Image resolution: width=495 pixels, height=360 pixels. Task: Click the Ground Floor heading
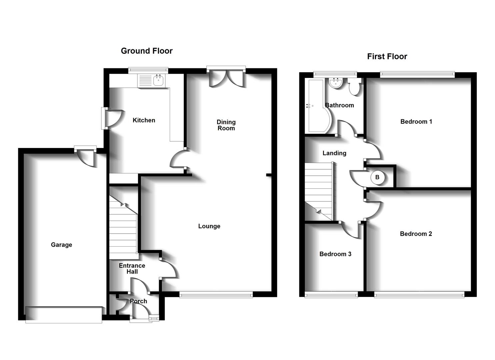(x=147, y=51)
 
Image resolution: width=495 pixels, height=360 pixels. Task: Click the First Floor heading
(x=387, y=57)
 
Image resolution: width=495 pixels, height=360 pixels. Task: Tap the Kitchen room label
(x=144, y=120)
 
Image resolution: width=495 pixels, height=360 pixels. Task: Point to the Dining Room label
(x=226, y=125)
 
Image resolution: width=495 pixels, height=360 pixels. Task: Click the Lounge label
(x=209, y=226)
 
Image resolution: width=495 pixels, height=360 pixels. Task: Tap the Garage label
(x=61, y=245)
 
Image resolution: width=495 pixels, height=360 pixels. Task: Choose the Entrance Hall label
(x=132, y=269)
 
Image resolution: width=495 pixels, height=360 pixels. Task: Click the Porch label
(x=138, y=301)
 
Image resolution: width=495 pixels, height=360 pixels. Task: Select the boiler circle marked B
(x=378, y=177)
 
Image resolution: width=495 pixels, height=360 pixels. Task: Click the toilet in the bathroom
(x=354, y=87)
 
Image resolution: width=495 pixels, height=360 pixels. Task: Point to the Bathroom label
(x=339, y=105)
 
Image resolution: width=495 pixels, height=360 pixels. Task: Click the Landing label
(x=334, y=153)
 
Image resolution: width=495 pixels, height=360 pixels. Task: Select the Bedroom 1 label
(x=416, y=122)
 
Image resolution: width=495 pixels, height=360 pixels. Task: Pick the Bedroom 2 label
(x=416, y=234)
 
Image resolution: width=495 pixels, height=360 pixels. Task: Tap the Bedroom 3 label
(x=335, y=254)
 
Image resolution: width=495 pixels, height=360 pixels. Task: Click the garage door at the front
(x=64, y=315)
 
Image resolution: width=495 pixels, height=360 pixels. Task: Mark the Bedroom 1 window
(x=417, y=74)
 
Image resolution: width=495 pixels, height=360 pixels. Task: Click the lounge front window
(x=216, y=295)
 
